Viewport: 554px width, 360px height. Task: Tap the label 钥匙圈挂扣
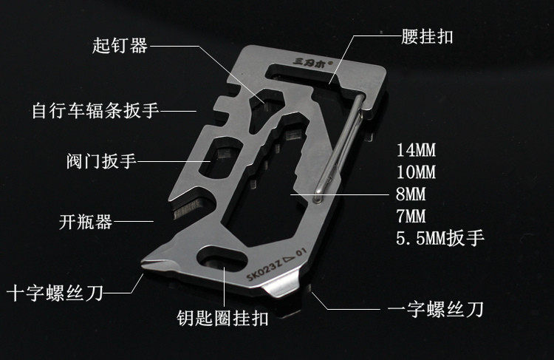(217, 319)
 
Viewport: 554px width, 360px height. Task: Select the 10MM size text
(417, 174)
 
